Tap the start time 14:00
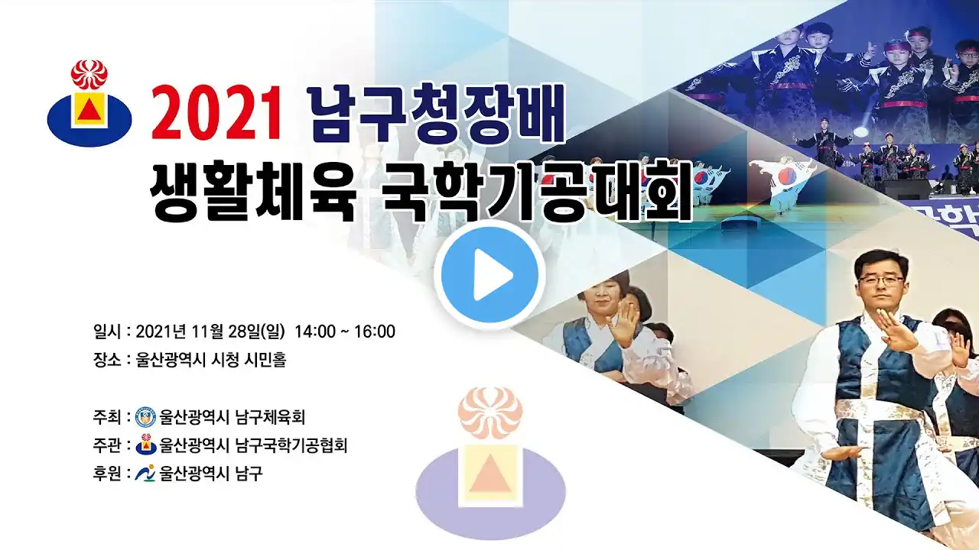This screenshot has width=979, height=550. pos(315,332)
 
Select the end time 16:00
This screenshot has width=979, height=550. pos(375,332)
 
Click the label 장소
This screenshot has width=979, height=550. pos(106,360)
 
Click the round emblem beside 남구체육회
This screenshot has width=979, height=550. pos(146,417)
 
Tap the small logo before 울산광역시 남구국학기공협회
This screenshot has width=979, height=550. pos(146,445)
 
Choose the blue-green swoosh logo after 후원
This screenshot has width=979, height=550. pos(145,473)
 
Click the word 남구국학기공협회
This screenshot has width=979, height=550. pos(291,445)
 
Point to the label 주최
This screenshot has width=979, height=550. pos(106,417)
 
